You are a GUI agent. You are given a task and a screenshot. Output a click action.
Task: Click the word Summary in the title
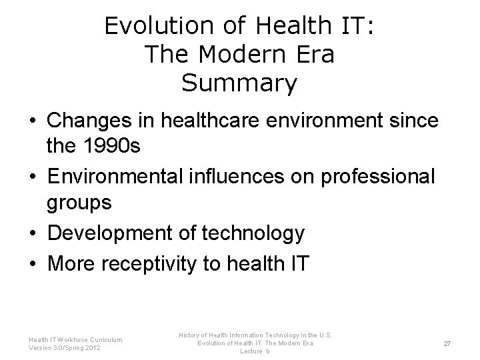pyautogui.click(x=239, y=83)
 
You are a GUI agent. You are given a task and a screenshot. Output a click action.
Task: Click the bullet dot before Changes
pyautogui.click(x=32, y=123)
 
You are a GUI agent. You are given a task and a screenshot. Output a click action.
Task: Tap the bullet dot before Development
pyautogui.click(x=32, y=234)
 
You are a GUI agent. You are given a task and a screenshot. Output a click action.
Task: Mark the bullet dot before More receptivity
pyautogui.click(x=32, y=263)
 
